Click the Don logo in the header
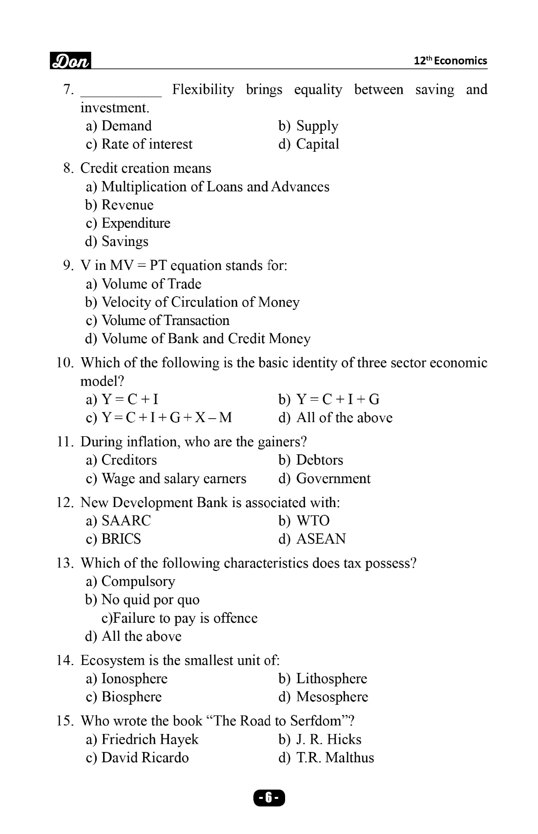[71, 61]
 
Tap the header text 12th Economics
[450, 61]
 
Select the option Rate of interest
[146, 144]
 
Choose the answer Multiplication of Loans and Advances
[215, 186]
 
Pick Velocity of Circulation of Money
[200, 302]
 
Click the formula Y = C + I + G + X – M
[166, 418]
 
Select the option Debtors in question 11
[319, 460]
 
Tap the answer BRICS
[121, 539]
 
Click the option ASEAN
[321, 539]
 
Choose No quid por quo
[150, 600]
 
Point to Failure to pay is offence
[179, 618]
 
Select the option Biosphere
[131, 697]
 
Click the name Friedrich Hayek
[149, 739]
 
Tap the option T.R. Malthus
[335, 757]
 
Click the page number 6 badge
[269, 798]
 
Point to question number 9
[68, 265]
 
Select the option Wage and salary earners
[173, 478]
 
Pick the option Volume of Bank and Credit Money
[206, 339]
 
